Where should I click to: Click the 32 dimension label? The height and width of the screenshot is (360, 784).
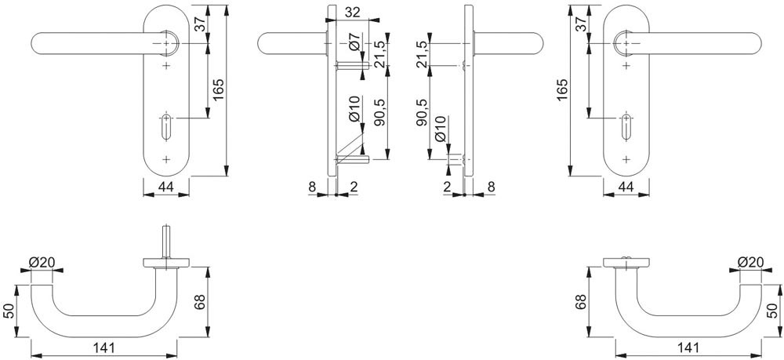353,13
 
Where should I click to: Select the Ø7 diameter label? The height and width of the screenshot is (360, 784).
354,43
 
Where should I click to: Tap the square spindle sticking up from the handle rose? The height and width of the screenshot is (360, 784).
166,242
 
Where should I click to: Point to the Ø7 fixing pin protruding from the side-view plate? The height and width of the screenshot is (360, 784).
353,66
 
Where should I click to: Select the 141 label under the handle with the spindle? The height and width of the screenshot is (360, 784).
103,348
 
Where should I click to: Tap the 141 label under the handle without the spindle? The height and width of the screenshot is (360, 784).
688,347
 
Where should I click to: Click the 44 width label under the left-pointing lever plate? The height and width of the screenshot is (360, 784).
165,187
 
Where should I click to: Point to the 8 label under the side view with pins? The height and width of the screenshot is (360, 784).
312,187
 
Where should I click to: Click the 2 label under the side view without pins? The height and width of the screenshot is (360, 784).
447,187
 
